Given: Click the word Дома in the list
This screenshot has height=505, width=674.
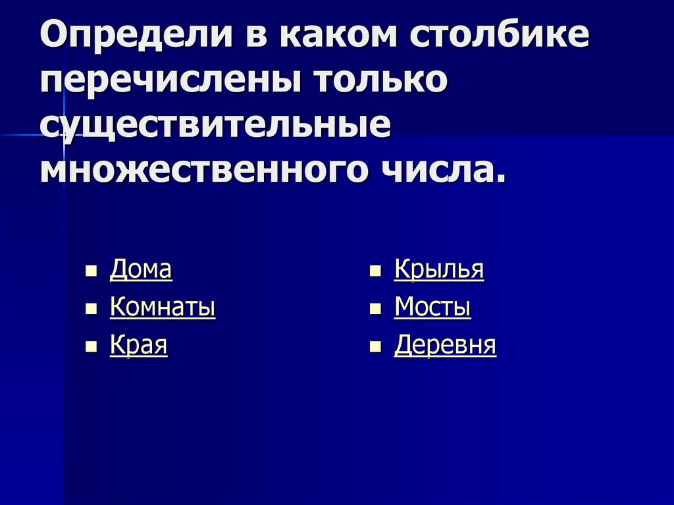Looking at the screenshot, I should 141,269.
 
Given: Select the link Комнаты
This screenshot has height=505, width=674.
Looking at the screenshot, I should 163,307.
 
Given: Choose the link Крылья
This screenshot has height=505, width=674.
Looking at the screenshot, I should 438,269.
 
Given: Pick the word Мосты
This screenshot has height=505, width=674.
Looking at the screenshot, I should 432,307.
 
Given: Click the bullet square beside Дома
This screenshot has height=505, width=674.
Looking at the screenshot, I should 91,271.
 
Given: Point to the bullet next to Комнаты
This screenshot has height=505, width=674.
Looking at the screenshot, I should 91,308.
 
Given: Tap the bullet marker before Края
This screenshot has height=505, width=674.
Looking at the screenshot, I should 91,346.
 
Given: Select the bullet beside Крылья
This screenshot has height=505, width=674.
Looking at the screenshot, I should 375,271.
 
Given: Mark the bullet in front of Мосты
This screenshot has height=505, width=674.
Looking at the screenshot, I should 375,308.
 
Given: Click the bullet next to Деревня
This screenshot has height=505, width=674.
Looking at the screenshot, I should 375,346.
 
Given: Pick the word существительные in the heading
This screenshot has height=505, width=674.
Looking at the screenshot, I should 215,126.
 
